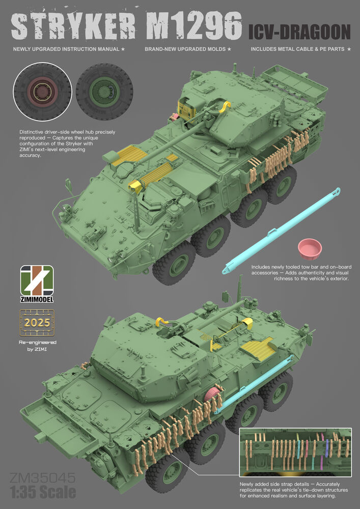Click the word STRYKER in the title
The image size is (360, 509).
point(73,26)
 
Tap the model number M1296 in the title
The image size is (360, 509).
point(193,26)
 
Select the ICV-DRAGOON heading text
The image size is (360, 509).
point(299,32)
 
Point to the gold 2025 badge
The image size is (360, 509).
point(37,322)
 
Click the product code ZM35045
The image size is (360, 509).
point(43,478)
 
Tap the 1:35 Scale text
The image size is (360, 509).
point(43,492)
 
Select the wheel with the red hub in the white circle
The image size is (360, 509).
point(42,92)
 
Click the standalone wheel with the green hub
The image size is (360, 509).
point(104,92)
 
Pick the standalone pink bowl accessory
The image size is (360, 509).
point(310,249)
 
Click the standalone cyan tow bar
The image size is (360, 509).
point(281,231)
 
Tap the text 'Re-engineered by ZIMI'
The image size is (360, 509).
point(37,346)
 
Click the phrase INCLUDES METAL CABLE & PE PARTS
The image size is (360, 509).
point(297,49)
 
